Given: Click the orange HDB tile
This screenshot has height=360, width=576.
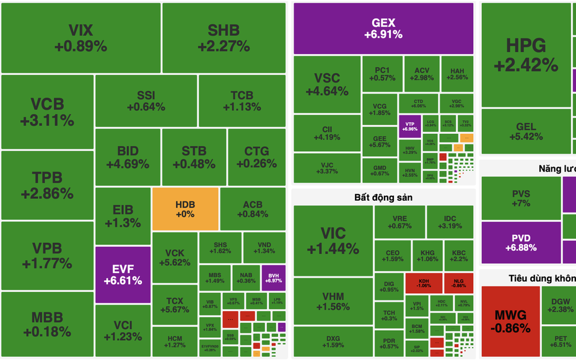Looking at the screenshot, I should [185, 209].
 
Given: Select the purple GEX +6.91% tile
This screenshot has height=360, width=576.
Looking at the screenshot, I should [383, 29].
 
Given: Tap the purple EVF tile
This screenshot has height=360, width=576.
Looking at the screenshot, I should [123, 274].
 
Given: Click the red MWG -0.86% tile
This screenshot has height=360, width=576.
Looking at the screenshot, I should [511, 319].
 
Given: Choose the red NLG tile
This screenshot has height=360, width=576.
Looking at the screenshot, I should [459, 283].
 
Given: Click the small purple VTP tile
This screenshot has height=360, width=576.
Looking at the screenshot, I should [410, 126].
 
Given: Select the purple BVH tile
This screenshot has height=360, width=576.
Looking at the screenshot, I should [273, 278].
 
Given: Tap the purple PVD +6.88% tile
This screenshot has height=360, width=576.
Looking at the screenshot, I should [520, 243].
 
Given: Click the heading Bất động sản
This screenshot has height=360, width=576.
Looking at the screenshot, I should [383, 198].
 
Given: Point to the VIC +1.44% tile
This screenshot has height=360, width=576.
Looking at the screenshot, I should [332, 241].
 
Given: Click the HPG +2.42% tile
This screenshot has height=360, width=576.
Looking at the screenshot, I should [526, 55].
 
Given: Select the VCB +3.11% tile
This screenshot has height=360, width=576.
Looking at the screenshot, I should [47, 112].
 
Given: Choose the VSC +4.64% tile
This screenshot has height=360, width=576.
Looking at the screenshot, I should [327, 84].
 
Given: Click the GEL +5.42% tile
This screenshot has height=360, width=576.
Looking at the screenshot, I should [526, 131].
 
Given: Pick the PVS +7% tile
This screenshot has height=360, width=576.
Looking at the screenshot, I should [521, 198].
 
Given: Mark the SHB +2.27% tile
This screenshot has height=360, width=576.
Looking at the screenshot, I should [224, 38].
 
